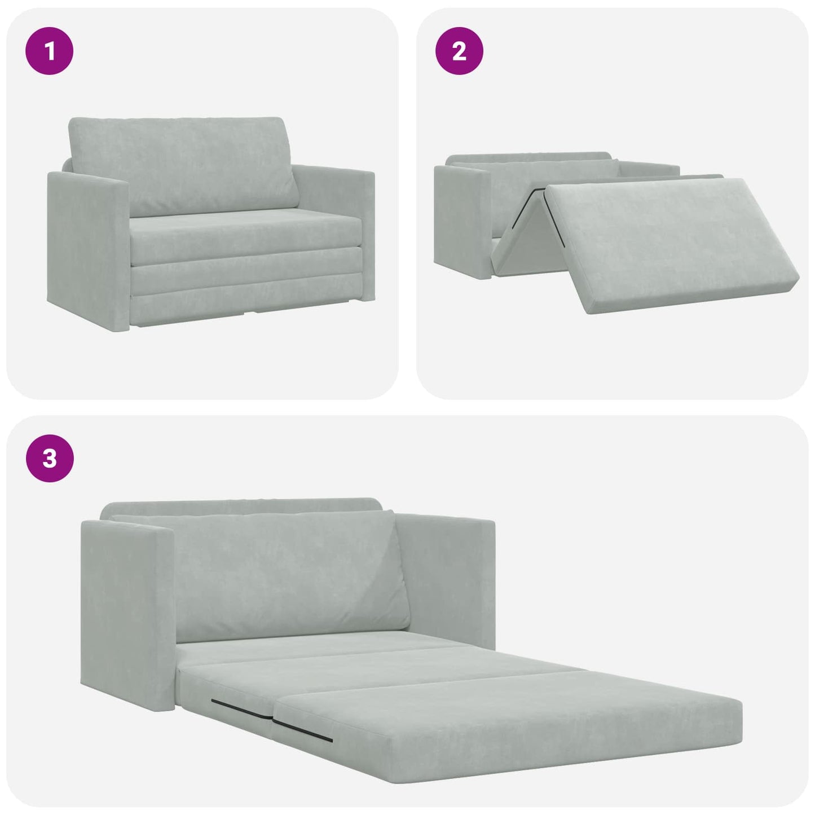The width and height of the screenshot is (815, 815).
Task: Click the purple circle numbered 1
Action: (x=50, y=51)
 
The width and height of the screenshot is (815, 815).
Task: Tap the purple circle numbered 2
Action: (x=459, y=51)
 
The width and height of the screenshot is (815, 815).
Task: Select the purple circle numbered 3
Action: (x=50, y=458)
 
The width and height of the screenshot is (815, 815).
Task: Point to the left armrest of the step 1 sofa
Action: (x=85, y=248)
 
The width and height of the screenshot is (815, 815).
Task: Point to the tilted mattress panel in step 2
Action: (x=671, y=243)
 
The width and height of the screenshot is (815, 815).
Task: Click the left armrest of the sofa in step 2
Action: (x=460, y=220)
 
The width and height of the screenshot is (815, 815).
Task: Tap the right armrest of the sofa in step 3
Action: (x=446, y=575)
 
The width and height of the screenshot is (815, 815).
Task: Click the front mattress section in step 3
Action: (x=508, y=728)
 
